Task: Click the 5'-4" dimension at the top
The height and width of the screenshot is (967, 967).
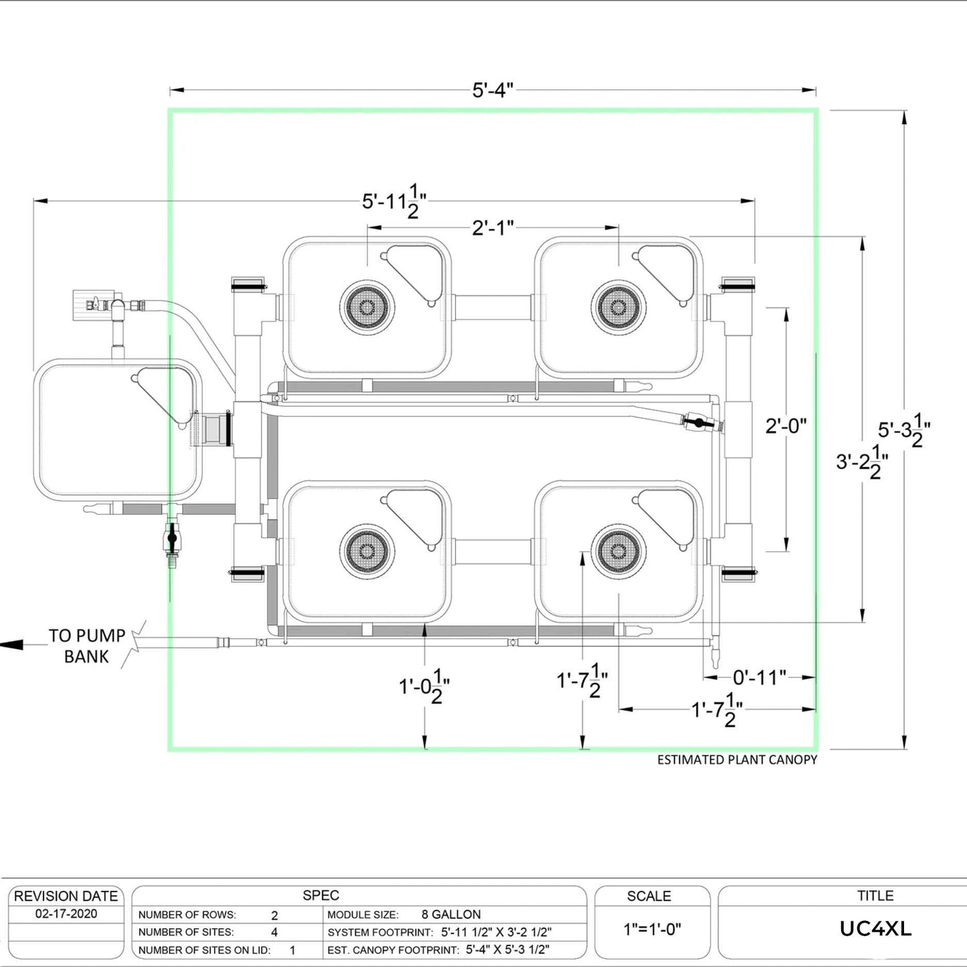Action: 493,90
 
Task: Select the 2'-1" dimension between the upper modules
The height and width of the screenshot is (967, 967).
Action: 493,228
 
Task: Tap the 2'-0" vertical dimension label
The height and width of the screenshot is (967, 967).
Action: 786,426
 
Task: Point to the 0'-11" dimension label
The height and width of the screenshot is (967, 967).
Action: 759,678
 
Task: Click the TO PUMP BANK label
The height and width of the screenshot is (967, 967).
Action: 86,646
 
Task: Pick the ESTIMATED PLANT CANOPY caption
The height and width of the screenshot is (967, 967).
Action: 737,760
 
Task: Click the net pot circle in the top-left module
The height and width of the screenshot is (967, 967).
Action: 367,307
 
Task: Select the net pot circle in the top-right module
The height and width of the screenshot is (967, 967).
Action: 618,307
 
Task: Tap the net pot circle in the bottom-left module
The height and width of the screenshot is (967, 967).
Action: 367,551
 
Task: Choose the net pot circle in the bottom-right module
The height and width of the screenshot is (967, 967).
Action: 618,551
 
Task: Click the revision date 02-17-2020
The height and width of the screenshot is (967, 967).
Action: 66,914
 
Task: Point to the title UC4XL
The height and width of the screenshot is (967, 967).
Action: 875,929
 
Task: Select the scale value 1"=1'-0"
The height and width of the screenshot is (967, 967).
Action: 652,929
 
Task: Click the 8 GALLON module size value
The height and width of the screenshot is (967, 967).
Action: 451,914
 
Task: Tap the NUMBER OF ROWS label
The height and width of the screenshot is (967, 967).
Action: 187,915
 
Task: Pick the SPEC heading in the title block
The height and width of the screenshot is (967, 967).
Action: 321,895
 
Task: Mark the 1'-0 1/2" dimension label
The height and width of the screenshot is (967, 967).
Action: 424,687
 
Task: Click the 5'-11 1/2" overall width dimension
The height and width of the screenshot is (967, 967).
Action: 394,201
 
